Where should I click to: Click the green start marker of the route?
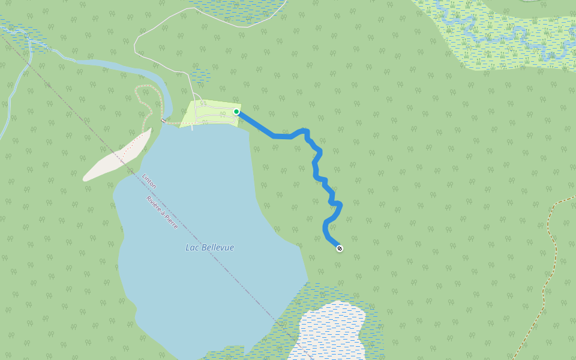[x=236, y=112]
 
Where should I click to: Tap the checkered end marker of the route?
[x=340, y=248]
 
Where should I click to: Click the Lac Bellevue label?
[x=209, y=247]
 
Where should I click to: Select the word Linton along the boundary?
[x=149, y=182]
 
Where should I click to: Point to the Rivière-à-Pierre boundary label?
[x=162, y=212]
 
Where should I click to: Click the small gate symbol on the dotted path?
[x=163, y=121]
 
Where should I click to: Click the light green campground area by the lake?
[x=210, y=113]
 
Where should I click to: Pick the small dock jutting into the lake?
[x=192, y=127]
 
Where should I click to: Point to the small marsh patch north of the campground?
[x=200, y=75]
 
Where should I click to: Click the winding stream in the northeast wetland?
[x=510, y=36]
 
